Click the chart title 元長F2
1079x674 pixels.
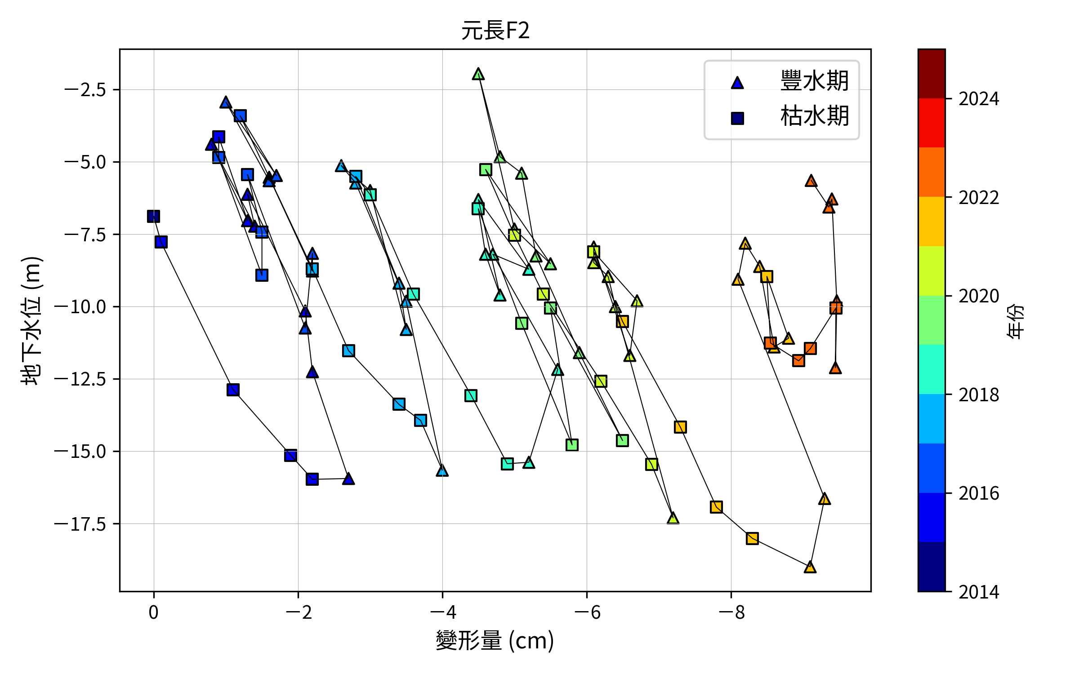tap(495, 31)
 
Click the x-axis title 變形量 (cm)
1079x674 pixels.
tap(495, 640)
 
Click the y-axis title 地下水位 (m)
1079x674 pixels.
tap(31, 320)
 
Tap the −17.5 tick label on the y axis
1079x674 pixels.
tap(80, 524)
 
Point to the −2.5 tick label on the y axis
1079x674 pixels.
tap(85, 90)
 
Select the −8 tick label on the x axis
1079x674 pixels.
tap(731, 612)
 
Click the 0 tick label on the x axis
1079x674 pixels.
tap(154, 612)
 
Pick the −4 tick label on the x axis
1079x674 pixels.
tap(443, 612)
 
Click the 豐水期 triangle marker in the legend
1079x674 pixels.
tap(737, 83)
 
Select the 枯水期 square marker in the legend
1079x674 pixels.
tap(737, 118)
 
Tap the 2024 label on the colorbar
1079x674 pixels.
tap(979, 99)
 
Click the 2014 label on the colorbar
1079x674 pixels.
tap(979, 592)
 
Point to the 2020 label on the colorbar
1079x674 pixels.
tap(979, 296)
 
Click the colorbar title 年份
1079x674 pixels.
tap(1015, 321)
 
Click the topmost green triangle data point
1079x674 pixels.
tap(478, 74)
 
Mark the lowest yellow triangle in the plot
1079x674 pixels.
tap(810, 567)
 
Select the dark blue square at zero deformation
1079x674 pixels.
tap(153, 217)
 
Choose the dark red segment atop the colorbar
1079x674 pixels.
tap(932, 74)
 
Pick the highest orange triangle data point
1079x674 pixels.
tap(811, 181)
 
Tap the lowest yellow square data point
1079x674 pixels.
tap(752, 538)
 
